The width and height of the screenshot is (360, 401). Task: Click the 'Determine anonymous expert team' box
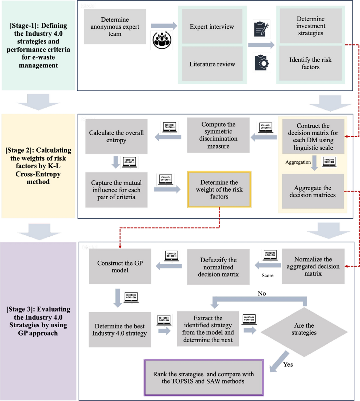tap(115, 27)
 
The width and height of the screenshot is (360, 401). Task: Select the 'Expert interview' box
tap(212, 27)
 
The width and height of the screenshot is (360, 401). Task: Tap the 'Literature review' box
tap(212, 64)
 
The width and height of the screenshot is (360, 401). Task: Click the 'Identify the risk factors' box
tap(310, 63)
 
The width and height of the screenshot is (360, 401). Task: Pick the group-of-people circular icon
tap(162, 40)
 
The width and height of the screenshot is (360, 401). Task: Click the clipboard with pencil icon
tap(261, 29)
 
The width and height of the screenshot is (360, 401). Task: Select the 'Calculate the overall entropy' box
tap(116, 136)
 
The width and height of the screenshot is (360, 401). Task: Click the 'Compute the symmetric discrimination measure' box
tap(218, 135)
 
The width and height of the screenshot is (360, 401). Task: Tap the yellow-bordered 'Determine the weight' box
tap(219, 189)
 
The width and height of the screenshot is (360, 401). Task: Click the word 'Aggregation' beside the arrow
tap(298, 162)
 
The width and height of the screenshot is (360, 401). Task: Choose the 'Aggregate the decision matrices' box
tap(313, 191)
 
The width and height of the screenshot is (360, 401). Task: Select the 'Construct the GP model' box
tap(120, 266)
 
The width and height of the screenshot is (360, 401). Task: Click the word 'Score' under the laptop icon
tap(267, 275)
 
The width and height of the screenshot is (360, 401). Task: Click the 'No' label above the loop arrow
tap(262, 293)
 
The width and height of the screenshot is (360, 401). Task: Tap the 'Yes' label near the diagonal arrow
tap(288, 364)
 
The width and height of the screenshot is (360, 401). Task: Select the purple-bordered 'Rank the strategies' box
tap(203, 378)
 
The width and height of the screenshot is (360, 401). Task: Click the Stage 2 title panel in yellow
tap(38, 166)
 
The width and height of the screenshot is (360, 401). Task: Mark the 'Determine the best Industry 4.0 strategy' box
tap(120, 330)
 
